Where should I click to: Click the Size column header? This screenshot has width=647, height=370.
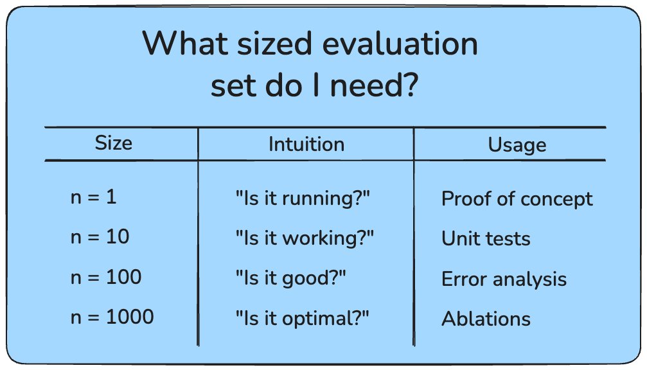click(114, 143)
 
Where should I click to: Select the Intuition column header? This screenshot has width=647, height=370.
click(306, 145)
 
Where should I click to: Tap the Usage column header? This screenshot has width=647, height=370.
click(517, 145)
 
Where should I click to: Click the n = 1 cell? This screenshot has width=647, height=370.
click(94, 197)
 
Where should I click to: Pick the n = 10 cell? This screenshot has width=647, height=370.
click(100, 237)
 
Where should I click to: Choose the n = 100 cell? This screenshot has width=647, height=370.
click(106, 277)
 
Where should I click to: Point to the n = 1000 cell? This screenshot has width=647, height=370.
click(112, 317)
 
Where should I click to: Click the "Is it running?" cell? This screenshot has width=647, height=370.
click(303, 198)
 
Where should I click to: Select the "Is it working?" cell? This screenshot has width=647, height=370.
click(305, 238)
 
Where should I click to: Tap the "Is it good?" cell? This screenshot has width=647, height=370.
click(290, 278)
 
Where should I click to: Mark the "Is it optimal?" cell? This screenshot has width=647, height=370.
click(302, 319)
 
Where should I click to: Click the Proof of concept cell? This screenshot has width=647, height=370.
click(517, 199)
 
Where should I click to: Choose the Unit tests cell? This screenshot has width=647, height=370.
click(486, 238)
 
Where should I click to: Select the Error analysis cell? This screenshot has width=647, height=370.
click(504, 279)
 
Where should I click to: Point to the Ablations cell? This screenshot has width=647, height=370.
click(486, 319)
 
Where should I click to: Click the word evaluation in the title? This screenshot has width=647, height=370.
click(400, 43)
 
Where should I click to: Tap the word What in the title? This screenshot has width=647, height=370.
click(185, 43)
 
